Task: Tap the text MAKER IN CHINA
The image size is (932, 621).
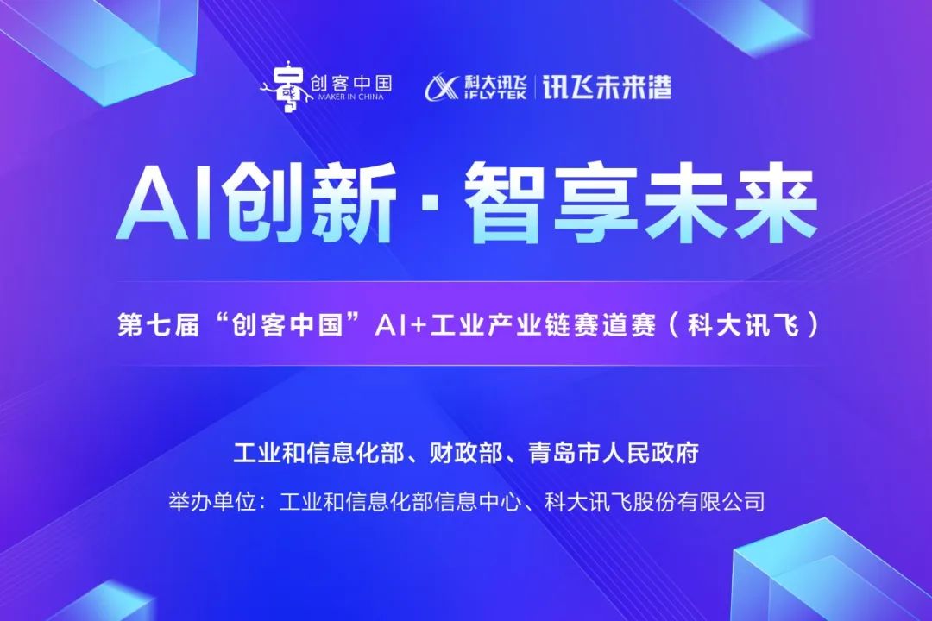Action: [350, 97]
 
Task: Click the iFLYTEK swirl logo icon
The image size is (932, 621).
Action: [442, 88]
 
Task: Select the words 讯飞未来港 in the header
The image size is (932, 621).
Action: [607, 87]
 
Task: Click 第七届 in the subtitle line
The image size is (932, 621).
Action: [158, 325]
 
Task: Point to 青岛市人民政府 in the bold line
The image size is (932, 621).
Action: [613, 452]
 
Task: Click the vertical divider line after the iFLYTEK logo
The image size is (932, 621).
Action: [534, 87]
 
